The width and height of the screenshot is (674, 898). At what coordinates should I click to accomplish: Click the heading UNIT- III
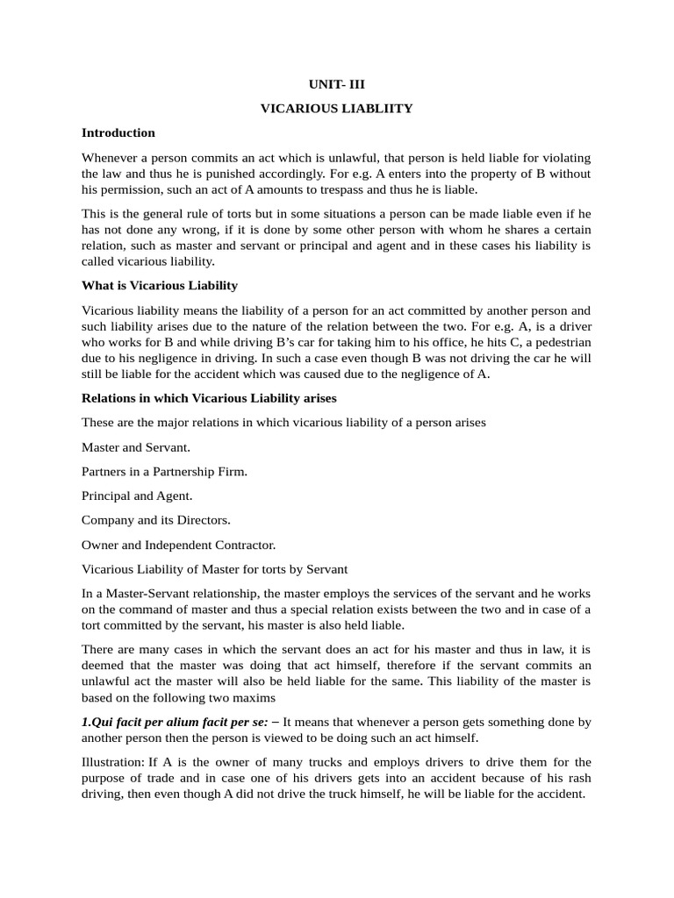[x=336, y=84]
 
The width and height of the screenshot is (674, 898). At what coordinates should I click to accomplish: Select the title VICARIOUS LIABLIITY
[x=336, y=108]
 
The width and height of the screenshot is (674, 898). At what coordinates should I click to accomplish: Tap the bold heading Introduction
[x=118, y=132]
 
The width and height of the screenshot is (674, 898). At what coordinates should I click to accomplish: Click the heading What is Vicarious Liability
[x=159, y=286]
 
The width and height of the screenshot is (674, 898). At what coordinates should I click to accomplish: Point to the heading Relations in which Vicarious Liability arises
[x=209, y=398]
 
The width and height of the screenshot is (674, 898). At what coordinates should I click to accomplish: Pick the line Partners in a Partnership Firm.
[x=164, y=472]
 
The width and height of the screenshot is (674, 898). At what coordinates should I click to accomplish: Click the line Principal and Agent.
[x=137, y=496]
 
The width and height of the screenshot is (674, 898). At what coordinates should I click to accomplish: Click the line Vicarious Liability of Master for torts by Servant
[x=214, y=569]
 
